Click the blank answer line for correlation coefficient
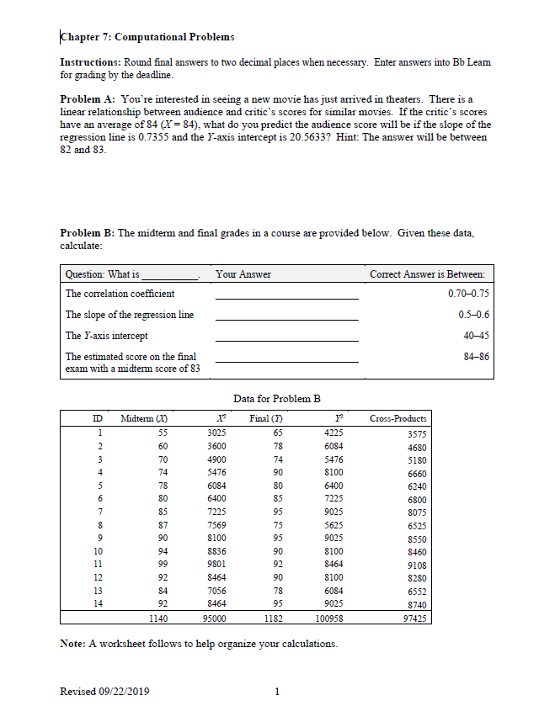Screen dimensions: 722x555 click(x=286, y=298)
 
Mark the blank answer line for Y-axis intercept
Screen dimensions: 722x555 click(x=286, y=340)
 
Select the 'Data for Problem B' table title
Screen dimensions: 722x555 click(x=277, y=397)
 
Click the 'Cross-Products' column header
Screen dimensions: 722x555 click(x=398, y=418)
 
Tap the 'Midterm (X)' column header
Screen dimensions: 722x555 click(x=142, y=418)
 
